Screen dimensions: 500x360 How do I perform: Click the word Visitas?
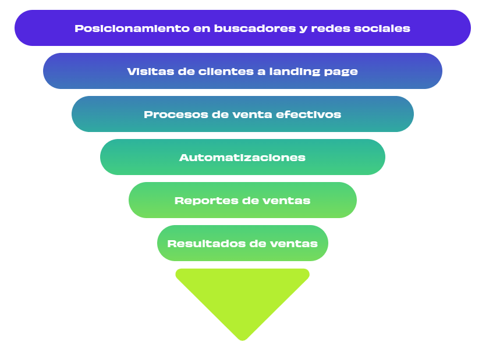pos(146,72)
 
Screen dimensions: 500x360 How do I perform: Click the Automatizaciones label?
pos(242,158)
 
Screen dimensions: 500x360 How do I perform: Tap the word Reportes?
pos(200,201)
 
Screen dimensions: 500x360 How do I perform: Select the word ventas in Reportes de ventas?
pos(286,201)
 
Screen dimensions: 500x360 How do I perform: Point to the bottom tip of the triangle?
pos(242,338)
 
